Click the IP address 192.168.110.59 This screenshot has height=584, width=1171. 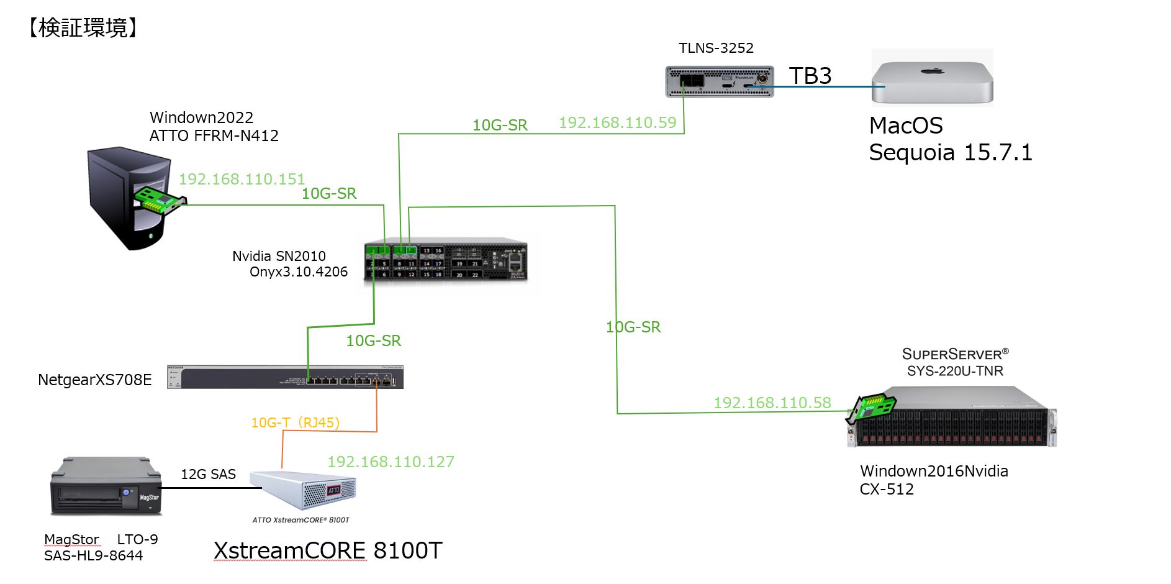tap(617, 122)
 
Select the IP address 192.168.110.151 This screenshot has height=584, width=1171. tap(242, 179)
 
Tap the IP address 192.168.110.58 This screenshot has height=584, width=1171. tap(772, 403)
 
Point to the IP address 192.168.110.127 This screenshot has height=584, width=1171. tap(391, 462)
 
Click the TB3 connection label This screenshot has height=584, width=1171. tap(810, 76)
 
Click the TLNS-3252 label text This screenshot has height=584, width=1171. tap(716, 48)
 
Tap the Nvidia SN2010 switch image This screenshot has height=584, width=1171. tap(445, 260)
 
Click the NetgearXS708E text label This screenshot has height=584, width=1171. tap(94, 380)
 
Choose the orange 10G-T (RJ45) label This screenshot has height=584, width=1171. tap(295, 422)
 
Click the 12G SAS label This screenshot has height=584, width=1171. tap(208, 474)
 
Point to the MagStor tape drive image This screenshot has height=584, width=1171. tap(106, 486)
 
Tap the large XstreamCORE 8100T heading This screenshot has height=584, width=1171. tap(327, 550)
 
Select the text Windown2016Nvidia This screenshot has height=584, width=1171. tap(933, 471)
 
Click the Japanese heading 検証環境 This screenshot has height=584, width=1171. tap(83, 28)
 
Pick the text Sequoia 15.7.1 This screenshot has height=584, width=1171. tap(950, 152)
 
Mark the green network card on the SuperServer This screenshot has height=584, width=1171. tap(872, 408)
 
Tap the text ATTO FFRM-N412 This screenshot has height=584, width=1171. tap(214, 135)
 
